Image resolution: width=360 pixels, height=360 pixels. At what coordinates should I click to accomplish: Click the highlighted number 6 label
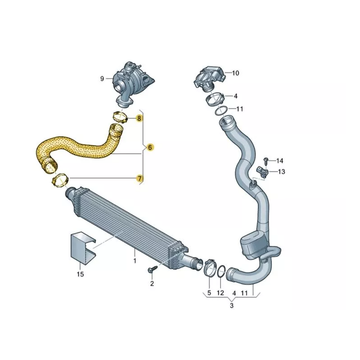point(150,147)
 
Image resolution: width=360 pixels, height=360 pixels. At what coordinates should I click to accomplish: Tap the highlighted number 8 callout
point(139,118)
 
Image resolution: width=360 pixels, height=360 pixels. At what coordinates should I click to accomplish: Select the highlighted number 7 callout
point(139,178)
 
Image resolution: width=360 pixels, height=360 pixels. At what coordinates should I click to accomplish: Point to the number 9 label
point(102,79)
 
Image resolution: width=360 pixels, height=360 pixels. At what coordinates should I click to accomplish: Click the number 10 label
point(235,73)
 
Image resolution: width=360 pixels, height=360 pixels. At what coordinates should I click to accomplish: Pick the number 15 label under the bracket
point(81,274)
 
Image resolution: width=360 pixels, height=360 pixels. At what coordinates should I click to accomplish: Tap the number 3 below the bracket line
point(232,306)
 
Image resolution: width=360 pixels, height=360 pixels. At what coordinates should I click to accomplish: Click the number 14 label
point(279,161)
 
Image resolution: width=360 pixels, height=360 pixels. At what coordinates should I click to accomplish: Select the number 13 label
point(281,171)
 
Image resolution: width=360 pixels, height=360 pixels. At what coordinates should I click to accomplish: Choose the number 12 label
point(220,293)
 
